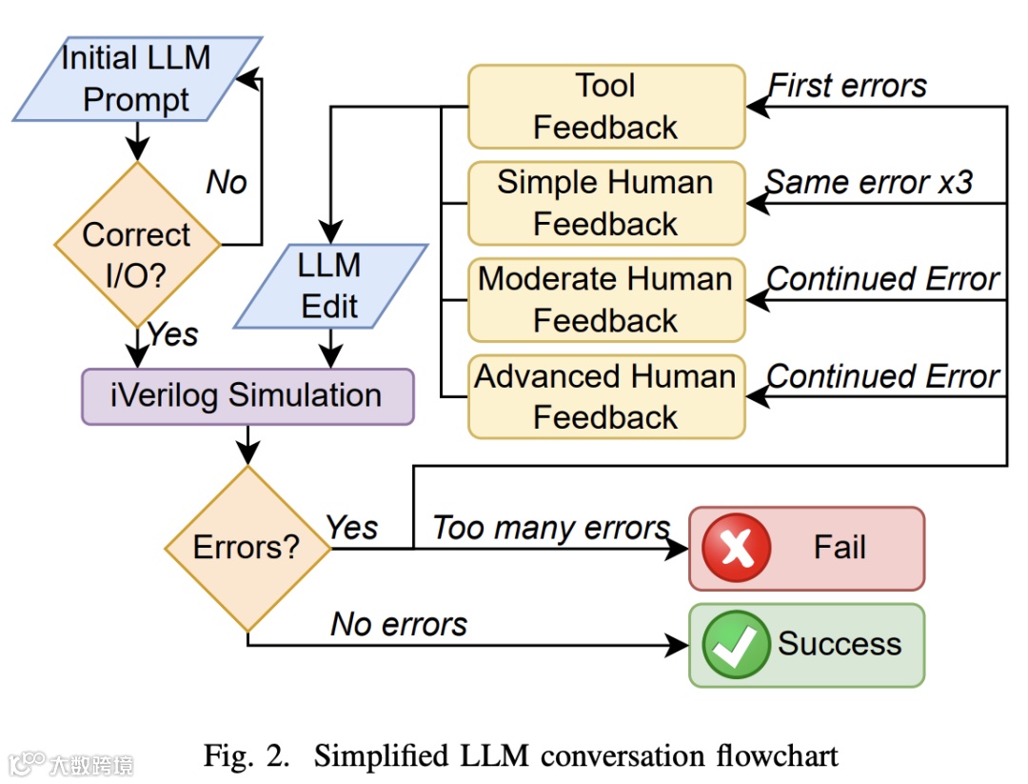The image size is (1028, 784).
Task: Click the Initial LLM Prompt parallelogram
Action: point(137,79)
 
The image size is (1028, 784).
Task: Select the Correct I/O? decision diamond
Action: point(137,245)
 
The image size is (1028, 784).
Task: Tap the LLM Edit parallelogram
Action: point(330,286)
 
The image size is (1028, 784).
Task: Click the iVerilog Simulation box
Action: point(247,396)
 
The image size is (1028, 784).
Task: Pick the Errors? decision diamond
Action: point(247,549)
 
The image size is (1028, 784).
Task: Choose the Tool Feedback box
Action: point(606,107)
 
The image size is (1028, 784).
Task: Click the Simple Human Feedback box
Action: point(606,203)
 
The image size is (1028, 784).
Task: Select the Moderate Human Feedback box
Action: point(606,300)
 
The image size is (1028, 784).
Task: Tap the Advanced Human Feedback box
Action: point(606,397)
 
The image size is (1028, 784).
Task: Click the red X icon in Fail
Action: point(736,548)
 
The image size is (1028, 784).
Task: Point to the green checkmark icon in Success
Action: point(736,644)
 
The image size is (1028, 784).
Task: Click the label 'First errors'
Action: point(847,86)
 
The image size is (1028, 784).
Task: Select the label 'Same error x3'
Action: point(869,182)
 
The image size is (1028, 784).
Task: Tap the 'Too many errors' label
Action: point(551,528)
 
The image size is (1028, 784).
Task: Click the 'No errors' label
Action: point(399,624)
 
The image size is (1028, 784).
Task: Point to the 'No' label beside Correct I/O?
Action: point(227,182)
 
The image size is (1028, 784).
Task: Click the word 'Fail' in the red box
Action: point(840,547)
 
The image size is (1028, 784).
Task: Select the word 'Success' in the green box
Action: point(840,644)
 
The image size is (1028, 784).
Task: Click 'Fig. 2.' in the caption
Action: point(247,756)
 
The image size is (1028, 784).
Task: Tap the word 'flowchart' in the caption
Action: point(777,755)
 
